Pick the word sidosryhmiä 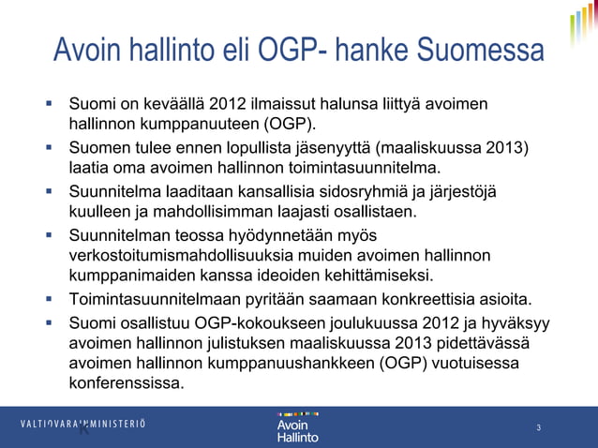(362, 193)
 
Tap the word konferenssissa (127, 384)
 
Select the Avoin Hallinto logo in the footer (298, 426)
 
